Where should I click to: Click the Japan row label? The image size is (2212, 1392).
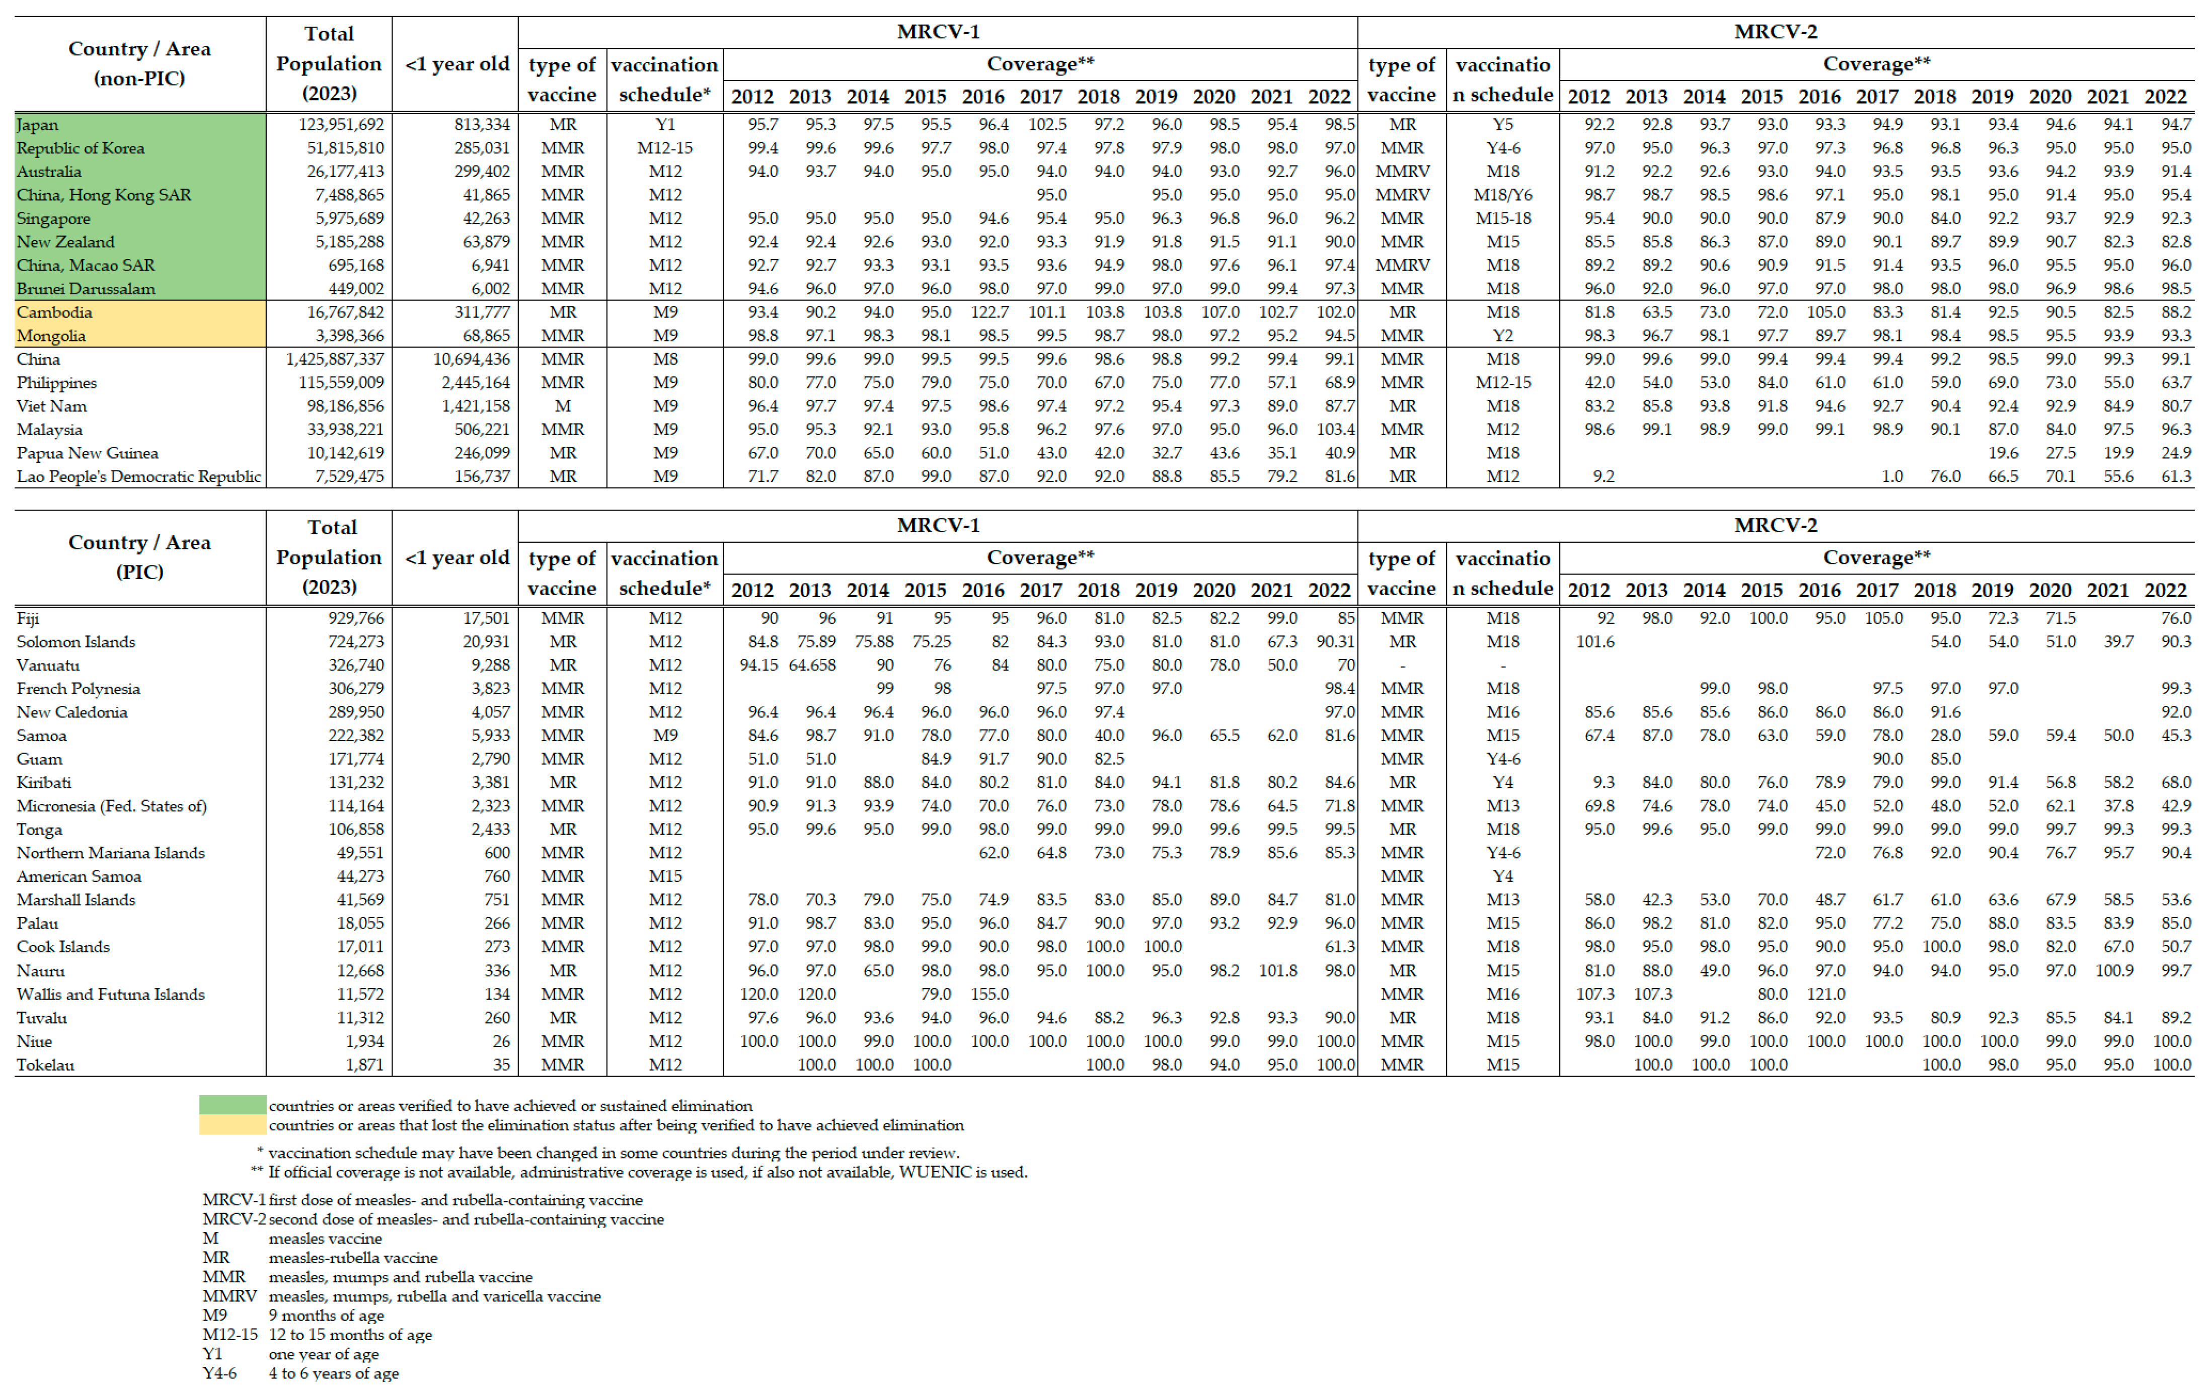[x=38, y=125]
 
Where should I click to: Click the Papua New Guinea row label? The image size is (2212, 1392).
[x=87, y=453]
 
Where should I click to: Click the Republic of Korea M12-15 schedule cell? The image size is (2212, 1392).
[x=665, y=148]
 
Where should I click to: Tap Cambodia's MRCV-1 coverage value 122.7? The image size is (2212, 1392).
[x=989, y=312]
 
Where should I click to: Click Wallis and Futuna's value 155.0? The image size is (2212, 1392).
[x=989, y=995]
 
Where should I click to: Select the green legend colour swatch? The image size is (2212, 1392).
[x=233, y=1106]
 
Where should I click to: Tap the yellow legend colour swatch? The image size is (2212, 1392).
[x=233, y=1125]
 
